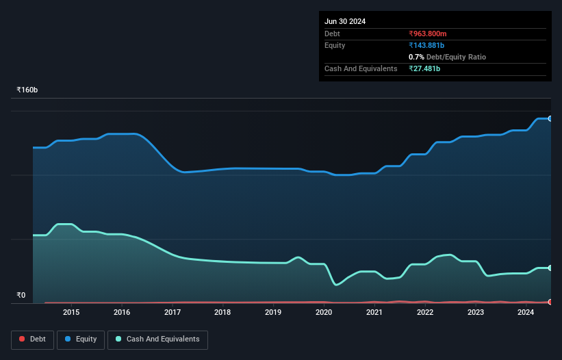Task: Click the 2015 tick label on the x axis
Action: pos(71,313)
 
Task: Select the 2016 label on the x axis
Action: pos(122,313)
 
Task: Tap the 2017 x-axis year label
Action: pos(173,313)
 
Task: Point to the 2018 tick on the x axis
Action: pos(222,313)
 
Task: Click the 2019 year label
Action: pos(273,313)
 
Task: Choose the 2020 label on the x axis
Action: pos(324,313)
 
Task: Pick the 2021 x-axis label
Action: pos(374,313)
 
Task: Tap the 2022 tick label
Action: pos(425,313)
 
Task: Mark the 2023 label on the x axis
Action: pos(475,313)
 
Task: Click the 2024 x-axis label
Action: pos(526,313)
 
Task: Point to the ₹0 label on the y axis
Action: pos(21,296)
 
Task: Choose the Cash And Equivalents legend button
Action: pos(157,339)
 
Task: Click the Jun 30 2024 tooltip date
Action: pos(345,21)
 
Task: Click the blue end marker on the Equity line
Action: pos(550,118)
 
